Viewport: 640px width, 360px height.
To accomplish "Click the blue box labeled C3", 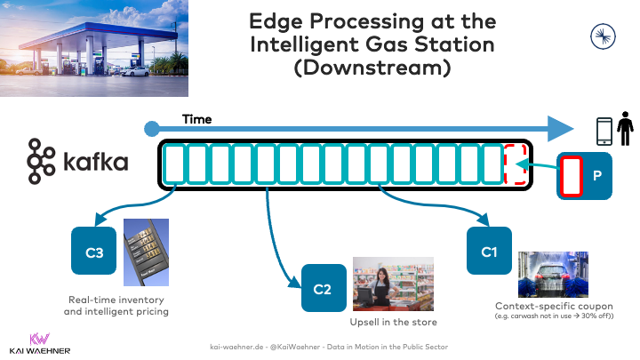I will (94, 252).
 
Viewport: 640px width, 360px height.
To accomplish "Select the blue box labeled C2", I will (324, 288).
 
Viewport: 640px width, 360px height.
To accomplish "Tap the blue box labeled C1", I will (489, 252).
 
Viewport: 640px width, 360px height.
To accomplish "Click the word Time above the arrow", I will (196, 119).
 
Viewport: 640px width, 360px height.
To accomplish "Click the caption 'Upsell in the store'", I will (394, 321).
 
